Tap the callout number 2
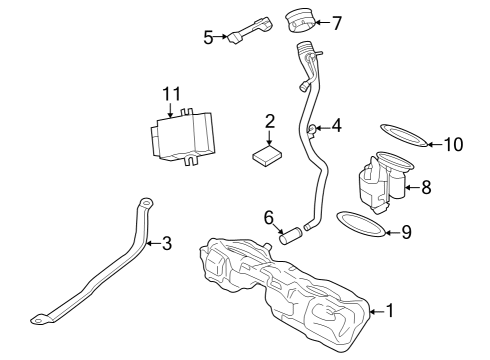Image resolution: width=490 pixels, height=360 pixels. point(270,122)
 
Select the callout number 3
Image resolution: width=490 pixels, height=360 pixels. point(166,242)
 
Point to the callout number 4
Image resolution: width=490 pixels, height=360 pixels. point(337,126)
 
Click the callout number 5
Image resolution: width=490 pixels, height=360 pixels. point(208,38)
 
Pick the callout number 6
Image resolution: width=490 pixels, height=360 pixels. point(268,217)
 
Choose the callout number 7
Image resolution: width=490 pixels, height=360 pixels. point(337,21)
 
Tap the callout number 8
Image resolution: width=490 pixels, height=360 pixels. point(427,186)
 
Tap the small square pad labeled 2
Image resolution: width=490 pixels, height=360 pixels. point(268,155)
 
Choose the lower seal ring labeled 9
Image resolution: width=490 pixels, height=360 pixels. point(357,225)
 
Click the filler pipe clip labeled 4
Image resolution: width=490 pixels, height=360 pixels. point(314,128)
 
